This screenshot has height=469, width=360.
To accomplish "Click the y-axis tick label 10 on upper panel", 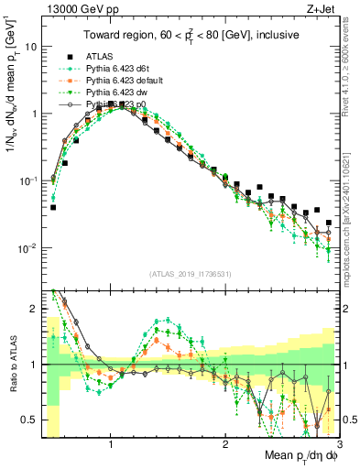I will (31, 46).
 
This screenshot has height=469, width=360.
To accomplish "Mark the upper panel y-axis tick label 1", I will (34, 114).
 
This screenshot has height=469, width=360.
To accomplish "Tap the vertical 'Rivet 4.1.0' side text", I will (351, 82).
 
